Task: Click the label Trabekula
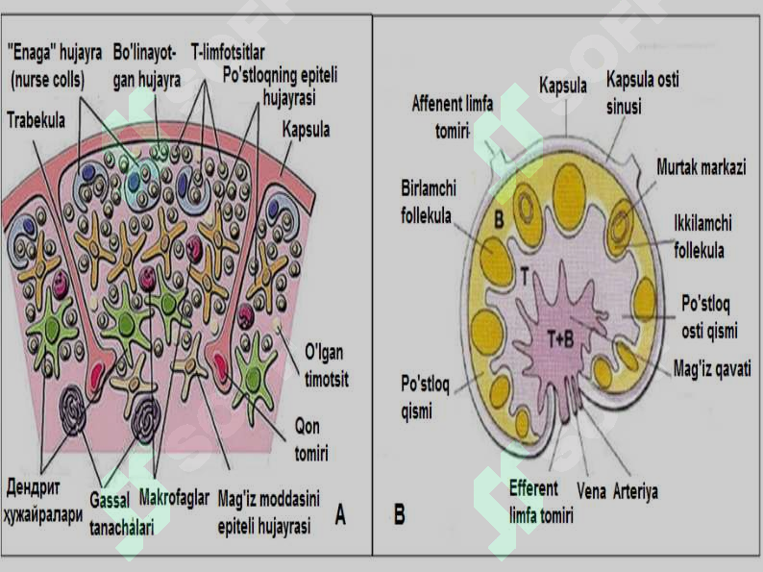pos(36,120)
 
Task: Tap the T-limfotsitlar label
pos(228,52)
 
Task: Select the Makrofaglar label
pos(174,498)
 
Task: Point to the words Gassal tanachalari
pos(122,513)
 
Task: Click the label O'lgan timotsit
pos(327,365)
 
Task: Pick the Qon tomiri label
pos(311,439)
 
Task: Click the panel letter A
pos(340,514)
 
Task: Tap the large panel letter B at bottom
pos(400,514)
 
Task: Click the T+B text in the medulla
pos(560,338)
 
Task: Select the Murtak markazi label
pos(701,167)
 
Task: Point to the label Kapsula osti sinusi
pos(642,93)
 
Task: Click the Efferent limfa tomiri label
pos(541,502)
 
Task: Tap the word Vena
pos(591,491)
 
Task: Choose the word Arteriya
pos(635,491)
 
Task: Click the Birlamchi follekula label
pos(429,202)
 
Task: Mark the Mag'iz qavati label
pos(712,368)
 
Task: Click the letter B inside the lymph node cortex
pos(500,220)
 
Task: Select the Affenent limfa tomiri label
pos(453,117)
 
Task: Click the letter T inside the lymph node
pos(525,276)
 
